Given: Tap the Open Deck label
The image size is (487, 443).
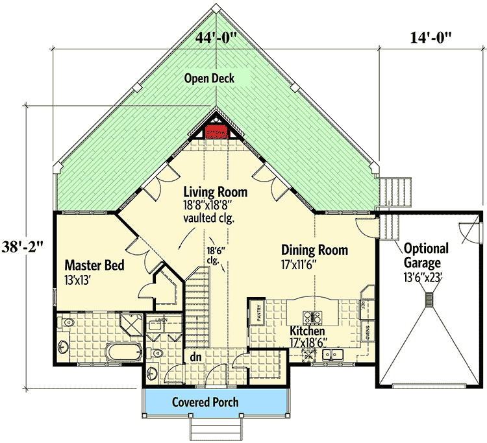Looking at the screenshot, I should [208, 78].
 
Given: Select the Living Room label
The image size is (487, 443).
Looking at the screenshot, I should [215, 192].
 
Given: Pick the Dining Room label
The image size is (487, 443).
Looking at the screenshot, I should [314, 250].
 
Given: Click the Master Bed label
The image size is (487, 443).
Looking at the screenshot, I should [94, 266].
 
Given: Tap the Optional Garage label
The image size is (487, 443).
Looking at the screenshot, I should [426, 256].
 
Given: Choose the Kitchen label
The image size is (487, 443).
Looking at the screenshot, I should [307, 331].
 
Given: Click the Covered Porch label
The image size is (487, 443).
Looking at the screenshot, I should [205, 402].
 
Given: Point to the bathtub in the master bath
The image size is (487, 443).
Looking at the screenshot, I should [122, 354].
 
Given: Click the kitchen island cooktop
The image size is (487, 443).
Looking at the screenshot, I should [315, 318].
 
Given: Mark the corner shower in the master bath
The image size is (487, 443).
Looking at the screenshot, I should [133, 323].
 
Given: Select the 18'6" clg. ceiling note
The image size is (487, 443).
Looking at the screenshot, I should [216, 256].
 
